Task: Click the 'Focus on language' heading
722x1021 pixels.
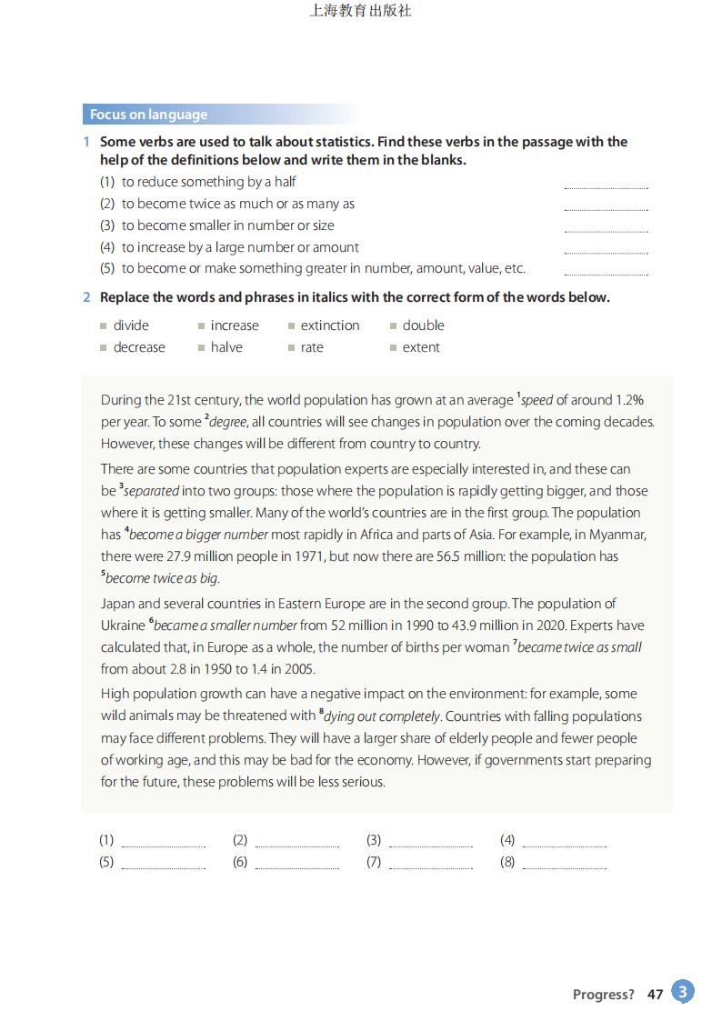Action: point(148,115)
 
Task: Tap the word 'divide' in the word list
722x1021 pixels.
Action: point(131,325)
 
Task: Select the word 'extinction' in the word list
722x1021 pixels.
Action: point(330,325)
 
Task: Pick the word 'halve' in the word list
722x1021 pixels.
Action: point(226,347)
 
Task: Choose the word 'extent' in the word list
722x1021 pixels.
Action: point(421,347)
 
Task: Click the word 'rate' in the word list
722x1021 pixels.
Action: point(312,347)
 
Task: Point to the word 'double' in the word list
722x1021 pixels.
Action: point(424,325)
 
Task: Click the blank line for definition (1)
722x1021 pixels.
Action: point(606,184)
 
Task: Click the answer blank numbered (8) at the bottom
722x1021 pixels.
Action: point(564,865)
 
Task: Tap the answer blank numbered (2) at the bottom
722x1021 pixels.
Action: point(296,843)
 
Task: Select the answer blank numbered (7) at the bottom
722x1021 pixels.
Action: point(430,865)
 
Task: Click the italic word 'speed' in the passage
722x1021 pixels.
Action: point(536,400)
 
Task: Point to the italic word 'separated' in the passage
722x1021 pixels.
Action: point(151,491)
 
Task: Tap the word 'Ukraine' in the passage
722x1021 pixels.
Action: point(123,626)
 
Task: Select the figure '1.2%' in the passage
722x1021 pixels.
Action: point(628,400)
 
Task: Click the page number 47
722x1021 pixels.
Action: point(655,995)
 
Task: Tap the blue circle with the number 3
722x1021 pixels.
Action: point(683,992)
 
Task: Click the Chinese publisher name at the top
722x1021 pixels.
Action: point(361,12)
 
